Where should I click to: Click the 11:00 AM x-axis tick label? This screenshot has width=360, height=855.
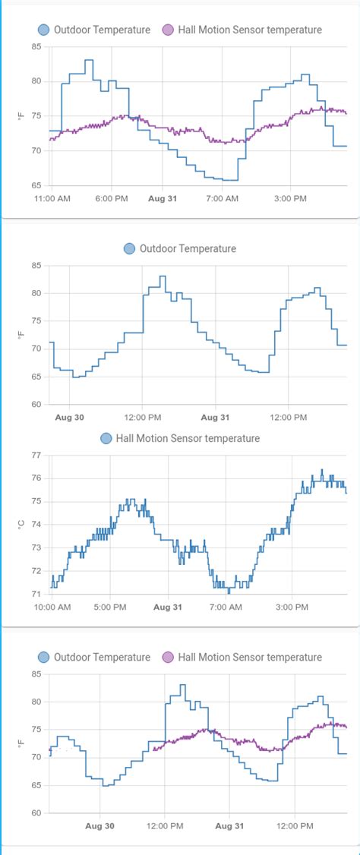pyautogui.click(x=52, y=198)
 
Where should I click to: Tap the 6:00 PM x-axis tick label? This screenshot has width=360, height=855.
pyautogui.click(x=112, y=198)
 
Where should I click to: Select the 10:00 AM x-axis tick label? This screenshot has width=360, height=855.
pyautogui.click(x=52, y=607)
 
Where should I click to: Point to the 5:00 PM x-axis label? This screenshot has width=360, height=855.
pyautogui.click(x=109, y=607)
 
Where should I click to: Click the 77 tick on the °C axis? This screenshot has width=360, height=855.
pyautogui.click(x=36, y=455)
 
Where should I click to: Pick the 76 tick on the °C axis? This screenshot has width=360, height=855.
pyautogui.click(x=36, y=478)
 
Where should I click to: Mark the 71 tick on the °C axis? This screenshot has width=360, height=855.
pyautogui.click(x=36, y=594)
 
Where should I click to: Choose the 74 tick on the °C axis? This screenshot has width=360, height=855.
pyautogui.click(x=36, y=525)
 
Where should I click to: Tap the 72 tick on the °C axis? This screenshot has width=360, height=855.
pyautogui.click(x=36, y=571)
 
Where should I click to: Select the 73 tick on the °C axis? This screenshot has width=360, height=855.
pyautogui.click(x=36, y=547)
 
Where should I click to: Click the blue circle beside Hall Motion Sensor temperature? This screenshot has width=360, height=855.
pyautogui.click(x=106, y=438)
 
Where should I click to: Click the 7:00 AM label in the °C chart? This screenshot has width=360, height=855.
pyautogui.click(x=225, y=607)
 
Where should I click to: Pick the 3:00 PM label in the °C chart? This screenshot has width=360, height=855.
pyautogui.click(x=292, y=607)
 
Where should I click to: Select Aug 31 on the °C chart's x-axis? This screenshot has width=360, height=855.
pyautogui.click(x=167, y=607)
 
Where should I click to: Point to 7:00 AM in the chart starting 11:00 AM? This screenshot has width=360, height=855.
pyautogui.click(x=222, y=198)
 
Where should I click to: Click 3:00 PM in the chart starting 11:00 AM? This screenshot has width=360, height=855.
pyautogui.click(x=289, y=198)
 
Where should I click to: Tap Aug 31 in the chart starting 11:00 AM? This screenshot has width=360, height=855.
pyautogui.click(x=162, y=198)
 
